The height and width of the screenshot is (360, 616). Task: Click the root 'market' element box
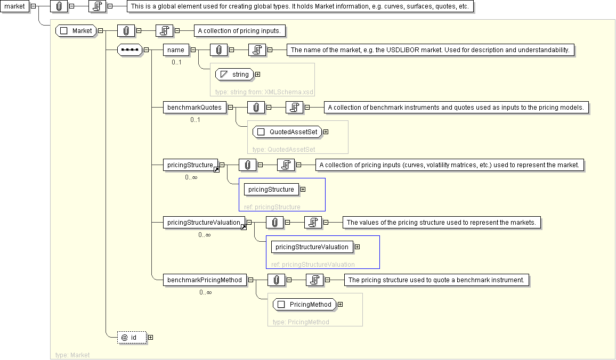click(x=14, y=6)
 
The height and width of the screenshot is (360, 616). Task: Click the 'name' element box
click(x=176, y=50)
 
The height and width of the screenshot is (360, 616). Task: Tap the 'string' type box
click(x=234, y=75)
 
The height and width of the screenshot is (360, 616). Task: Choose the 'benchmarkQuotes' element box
click(x=194, y=108)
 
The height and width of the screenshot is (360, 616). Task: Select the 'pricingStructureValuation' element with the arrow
click(x=204, y=223)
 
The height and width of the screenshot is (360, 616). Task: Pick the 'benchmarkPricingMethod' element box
click(x=205, y=280)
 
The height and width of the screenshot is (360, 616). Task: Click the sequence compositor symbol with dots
click(x=129, y=50)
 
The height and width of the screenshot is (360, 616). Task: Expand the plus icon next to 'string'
click(x=258, y=75)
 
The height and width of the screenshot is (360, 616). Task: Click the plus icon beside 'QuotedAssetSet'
click(x=326, y=132)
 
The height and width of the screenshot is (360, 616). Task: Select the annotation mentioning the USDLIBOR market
click(x=431, y=50)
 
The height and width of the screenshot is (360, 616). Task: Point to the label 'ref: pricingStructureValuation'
click(x=313, y=264)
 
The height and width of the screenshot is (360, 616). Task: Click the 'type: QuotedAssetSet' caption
click(x=283, y=150)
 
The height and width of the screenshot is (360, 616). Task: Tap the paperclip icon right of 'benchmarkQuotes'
click(x=256, y=108)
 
